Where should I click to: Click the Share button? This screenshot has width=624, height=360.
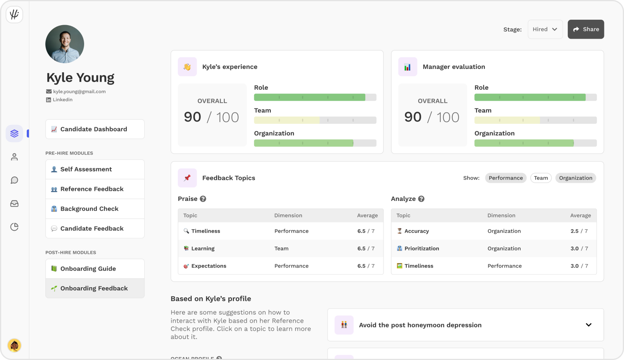586,29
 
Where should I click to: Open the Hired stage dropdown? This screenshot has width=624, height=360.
545,29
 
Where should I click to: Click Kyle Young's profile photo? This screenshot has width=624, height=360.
65,44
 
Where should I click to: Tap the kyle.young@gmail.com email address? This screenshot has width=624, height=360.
79,92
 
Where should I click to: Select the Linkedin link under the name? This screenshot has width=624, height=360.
62,100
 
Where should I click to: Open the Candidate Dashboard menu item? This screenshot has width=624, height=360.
95,129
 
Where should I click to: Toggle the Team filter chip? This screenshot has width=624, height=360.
541,178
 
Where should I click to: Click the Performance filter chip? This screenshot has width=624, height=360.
505,178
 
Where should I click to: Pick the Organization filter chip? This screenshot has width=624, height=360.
575,178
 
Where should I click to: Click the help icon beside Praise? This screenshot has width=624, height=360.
203,199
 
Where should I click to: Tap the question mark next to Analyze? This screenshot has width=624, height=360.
421,199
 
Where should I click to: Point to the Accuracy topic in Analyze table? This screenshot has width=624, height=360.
416,231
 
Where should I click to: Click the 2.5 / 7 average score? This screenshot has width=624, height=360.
579,231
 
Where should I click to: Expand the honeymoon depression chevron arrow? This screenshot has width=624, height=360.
588,325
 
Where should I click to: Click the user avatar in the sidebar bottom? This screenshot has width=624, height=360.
14,345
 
